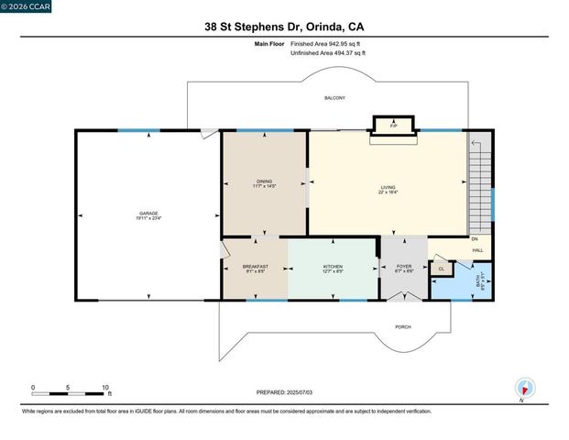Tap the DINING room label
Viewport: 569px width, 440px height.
(x=264, y=181)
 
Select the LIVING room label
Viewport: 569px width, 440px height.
(x=388, y=188)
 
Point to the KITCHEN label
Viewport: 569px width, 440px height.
(x=333, y=267)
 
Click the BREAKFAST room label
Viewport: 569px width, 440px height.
(x=255, y=267)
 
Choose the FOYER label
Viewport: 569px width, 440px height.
(x=404, y=267)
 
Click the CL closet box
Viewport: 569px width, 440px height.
(x=441, y=269)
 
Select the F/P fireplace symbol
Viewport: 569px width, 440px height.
(x=393, y=126)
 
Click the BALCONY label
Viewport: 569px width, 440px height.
(x=334, y=98)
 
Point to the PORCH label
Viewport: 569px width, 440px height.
(x=402, y=327)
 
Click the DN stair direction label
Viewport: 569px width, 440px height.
(x=474, y=239)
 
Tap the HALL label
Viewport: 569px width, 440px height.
(x=477, y=250)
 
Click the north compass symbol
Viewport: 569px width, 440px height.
(x=525, y=388)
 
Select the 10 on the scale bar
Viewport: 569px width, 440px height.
(x=106, y=388)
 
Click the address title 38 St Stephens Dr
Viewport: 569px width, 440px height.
(x=284, y=27)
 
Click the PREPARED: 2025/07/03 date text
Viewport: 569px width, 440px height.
(x=284, y=392)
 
